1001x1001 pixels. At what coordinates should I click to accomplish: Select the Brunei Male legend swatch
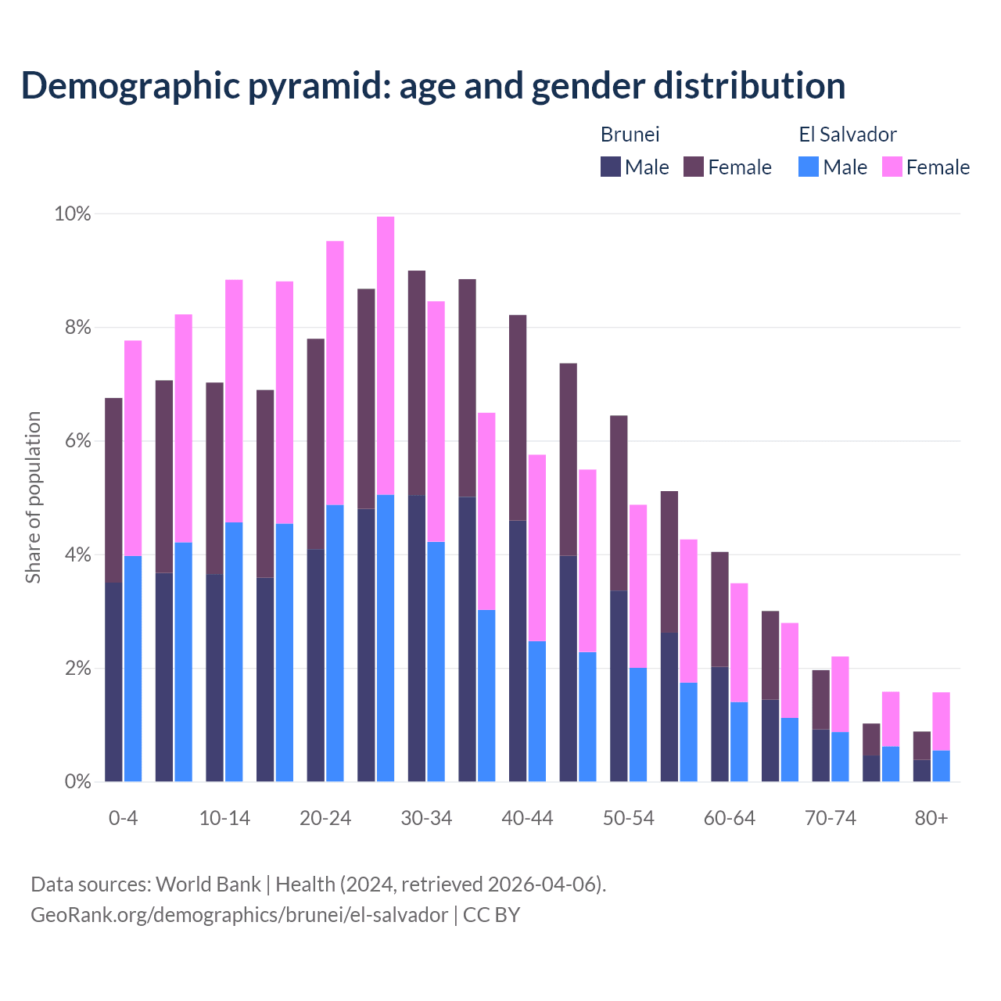tap(611, 167)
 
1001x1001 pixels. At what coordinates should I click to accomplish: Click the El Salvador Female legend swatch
tap(892, 167)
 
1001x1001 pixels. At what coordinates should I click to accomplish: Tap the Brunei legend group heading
tap(630, 135)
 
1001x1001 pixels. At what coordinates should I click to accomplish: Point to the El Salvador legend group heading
tap(848, 135)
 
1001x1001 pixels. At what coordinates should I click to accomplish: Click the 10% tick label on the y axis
tap(73, 213)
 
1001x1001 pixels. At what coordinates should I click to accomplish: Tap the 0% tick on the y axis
tap(77, 781)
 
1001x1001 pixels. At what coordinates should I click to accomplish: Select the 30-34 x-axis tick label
tap(426, 819)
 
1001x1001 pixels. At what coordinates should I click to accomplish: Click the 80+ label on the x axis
tap(931, 819)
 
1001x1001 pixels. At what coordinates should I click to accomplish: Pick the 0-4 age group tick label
tap(124, 819)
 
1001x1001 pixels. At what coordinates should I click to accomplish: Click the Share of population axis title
tap(34, 497)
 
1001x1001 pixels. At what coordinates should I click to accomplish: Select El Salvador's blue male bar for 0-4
tap(133, 669)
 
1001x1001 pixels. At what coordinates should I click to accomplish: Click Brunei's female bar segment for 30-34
tap(417, 383)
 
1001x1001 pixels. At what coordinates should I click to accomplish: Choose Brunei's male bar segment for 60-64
tap(719, 724)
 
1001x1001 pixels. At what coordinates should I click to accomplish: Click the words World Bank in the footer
tap(208, 884)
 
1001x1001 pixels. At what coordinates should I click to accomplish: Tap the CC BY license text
tap(491, 915)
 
